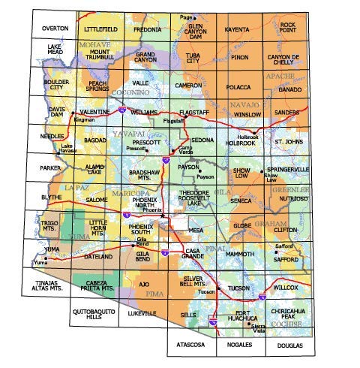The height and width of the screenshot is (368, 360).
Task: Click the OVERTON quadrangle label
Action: tap(55, 28)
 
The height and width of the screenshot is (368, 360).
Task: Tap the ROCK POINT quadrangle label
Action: tap(288, 28)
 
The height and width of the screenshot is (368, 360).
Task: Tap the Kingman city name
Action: tap(85, 119)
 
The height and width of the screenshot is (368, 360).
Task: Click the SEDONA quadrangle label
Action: tap(203, 140)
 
